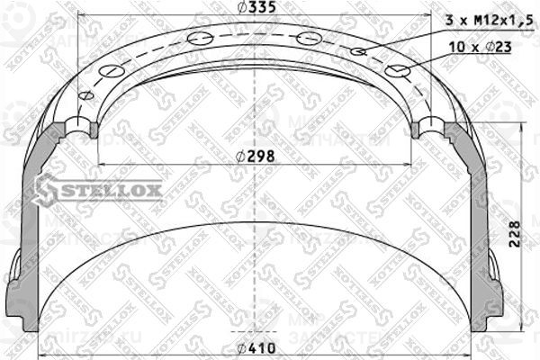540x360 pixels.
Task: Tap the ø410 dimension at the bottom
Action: [259, 349]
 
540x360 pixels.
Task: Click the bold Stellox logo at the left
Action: [99, 190]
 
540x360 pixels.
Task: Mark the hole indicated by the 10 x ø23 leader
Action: [397, 70]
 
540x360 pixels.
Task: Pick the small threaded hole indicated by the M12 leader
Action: [359, 52]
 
